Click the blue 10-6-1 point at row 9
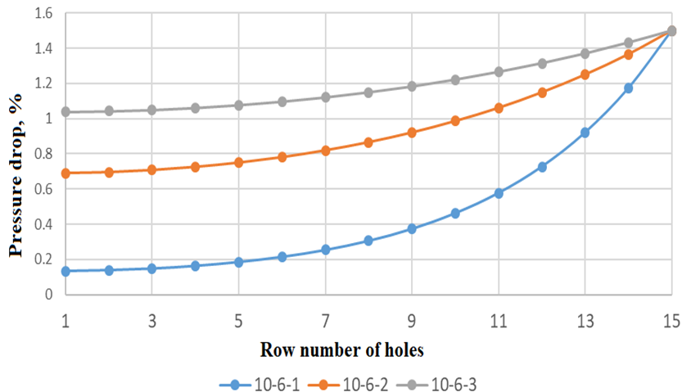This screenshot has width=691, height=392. [412, 228]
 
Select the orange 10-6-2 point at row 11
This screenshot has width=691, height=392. [499, 107]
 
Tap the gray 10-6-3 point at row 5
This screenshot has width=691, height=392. [238, 105]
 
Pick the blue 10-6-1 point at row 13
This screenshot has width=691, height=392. [585, 132]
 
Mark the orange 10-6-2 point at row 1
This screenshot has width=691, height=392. [65, 173]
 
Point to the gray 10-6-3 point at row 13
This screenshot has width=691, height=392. [585, 53]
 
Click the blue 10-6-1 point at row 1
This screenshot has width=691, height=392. [65, 270]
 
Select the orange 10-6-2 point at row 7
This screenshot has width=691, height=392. [325, 150]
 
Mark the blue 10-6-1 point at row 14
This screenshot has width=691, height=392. [628, 88]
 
